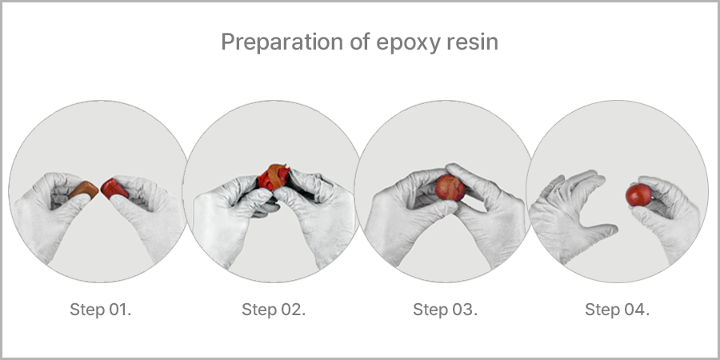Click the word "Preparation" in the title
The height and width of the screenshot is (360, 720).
282,42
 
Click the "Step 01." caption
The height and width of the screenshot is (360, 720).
101,310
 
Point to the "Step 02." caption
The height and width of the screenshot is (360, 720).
274,310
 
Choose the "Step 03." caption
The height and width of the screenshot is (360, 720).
446,310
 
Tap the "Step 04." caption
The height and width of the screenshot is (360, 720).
617,310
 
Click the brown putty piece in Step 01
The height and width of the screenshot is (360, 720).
83,190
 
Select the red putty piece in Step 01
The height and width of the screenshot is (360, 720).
114,189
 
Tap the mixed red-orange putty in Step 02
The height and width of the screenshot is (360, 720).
274,177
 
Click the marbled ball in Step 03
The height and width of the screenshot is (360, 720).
450,187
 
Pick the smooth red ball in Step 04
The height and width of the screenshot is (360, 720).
638,195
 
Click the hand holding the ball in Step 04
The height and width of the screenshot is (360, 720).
666,216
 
